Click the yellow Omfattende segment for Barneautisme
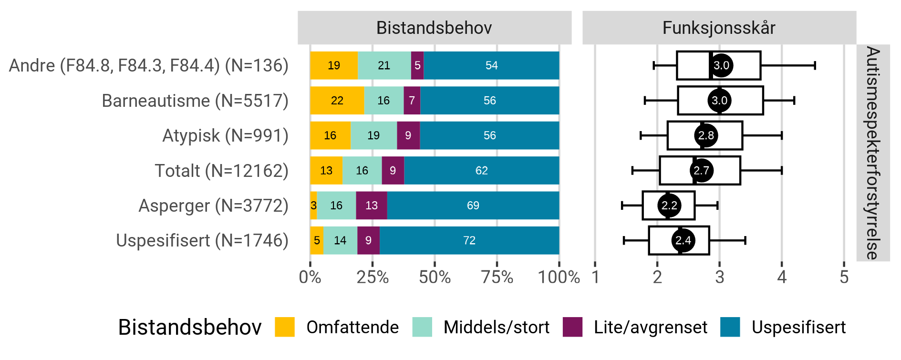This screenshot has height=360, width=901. (337, 101)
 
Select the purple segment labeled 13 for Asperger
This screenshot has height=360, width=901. (371, 206)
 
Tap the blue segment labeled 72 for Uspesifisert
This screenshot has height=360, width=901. (469, 240)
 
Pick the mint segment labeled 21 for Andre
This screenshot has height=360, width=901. (384, 65)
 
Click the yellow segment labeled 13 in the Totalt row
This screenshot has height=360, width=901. (326, 171)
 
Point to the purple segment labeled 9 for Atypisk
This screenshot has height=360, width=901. (408, 135)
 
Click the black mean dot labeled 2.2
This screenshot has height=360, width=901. (669, 206)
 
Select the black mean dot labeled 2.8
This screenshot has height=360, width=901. (706, 135)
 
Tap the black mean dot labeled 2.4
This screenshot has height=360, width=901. (683, 240)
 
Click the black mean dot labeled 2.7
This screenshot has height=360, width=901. (701, 171)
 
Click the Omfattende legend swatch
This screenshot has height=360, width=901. (285, 327)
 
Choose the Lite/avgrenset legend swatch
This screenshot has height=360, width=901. (572, 327)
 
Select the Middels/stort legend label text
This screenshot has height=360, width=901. (496, 328)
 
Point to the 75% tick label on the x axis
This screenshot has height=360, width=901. (497, 277)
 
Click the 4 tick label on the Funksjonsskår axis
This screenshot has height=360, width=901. (782, 277)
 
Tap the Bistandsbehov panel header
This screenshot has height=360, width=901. (434, 28)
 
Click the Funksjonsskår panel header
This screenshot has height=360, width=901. (719, 28)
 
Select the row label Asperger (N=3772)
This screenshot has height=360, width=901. (213, 206)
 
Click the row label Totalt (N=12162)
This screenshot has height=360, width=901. (221, 171)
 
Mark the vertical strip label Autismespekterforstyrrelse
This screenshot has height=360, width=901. (872, 153)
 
